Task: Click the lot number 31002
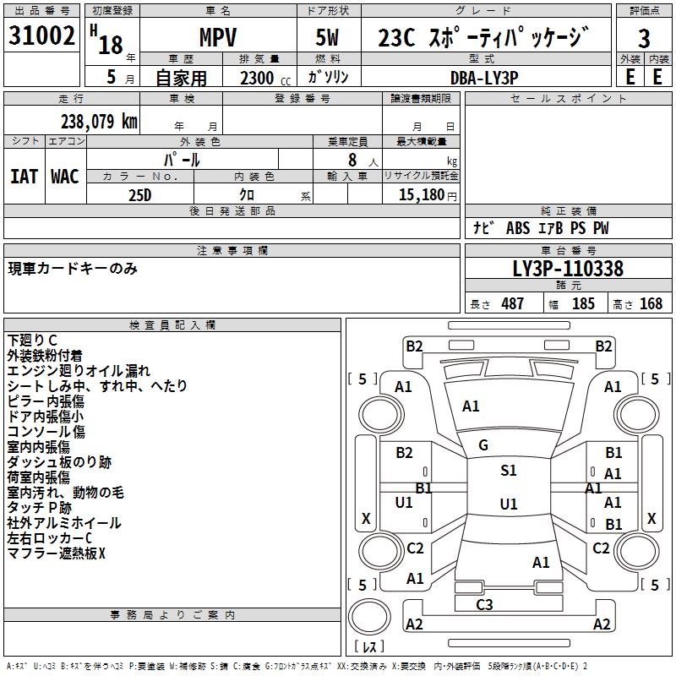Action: (x=41, y=35)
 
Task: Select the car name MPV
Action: (x=218, y=37)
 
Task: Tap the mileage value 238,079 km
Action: (x=99, y=122)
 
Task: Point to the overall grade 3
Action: (x=644, y=39)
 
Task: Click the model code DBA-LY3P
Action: (x=483, y=78)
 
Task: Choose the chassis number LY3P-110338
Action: (x=568, y=269)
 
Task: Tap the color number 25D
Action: (x=140, y=195)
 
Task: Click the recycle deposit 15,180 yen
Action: (x=428, y=195)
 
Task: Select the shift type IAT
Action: (x=25, y=177)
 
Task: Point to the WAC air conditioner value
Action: (x=65, y=177)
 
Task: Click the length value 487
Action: (x=513, y=303)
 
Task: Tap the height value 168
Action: (x=651, y=303)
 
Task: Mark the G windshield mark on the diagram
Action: (x=483, y=445)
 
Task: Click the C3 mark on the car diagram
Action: (x=484, y=604)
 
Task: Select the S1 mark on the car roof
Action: (x=509, y=470)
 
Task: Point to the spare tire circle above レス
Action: (x=369, y=617)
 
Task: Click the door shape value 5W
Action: (x=327, y=37)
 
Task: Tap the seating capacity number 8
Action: (x=352, y=160)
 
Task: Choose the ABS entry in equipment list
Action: (x=518, y=228)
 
